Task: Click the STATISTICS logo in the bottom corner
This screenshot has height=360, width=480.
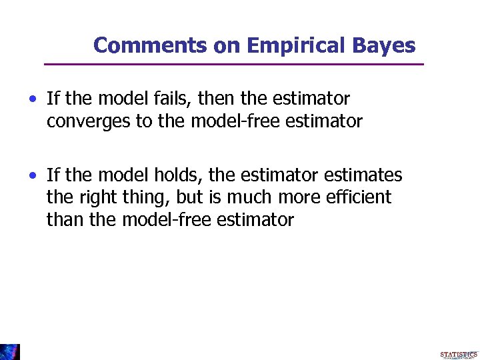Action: (459, 355)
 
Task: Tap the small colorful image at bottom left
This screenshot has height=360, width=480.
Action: (10, 352)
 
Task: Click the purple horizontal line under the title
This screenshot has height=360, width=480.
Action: (233, 64)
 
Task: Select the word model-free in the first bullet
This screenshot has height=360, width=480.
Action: (221, 121)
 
